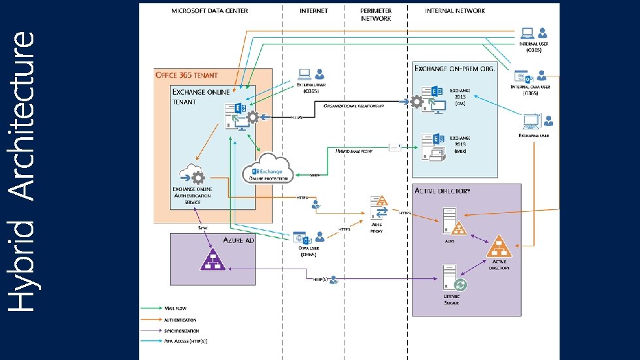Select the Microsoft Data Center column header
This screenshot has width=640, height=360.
[203, 11]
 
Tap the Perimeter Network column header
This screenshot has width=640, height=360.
[376, 15]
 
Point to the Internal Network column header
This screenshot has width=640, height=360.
[455, 11]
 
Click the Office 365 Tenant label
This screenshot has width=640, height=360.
[186, 74]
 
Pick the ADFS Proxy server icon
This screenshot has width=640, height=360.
[379, 207]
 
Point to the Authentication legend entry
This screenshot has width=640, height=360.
[180, 320]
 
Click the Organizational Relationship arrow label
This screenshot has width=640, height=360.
[353, 105]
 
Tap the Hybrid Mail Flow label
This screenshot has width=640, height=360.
[354, 150]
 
